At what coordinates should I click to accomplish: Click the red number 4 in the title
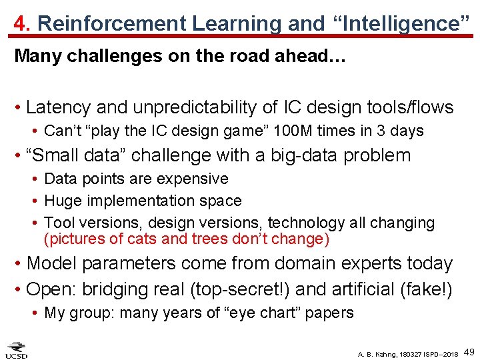pos(20,23)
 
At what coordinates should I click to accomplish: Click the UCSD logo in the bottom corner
pos(16,349)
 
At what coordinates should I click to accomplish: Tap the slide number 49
pos(469,351)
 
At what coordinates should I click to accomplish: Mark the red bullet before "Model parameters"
pos(19,263)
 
